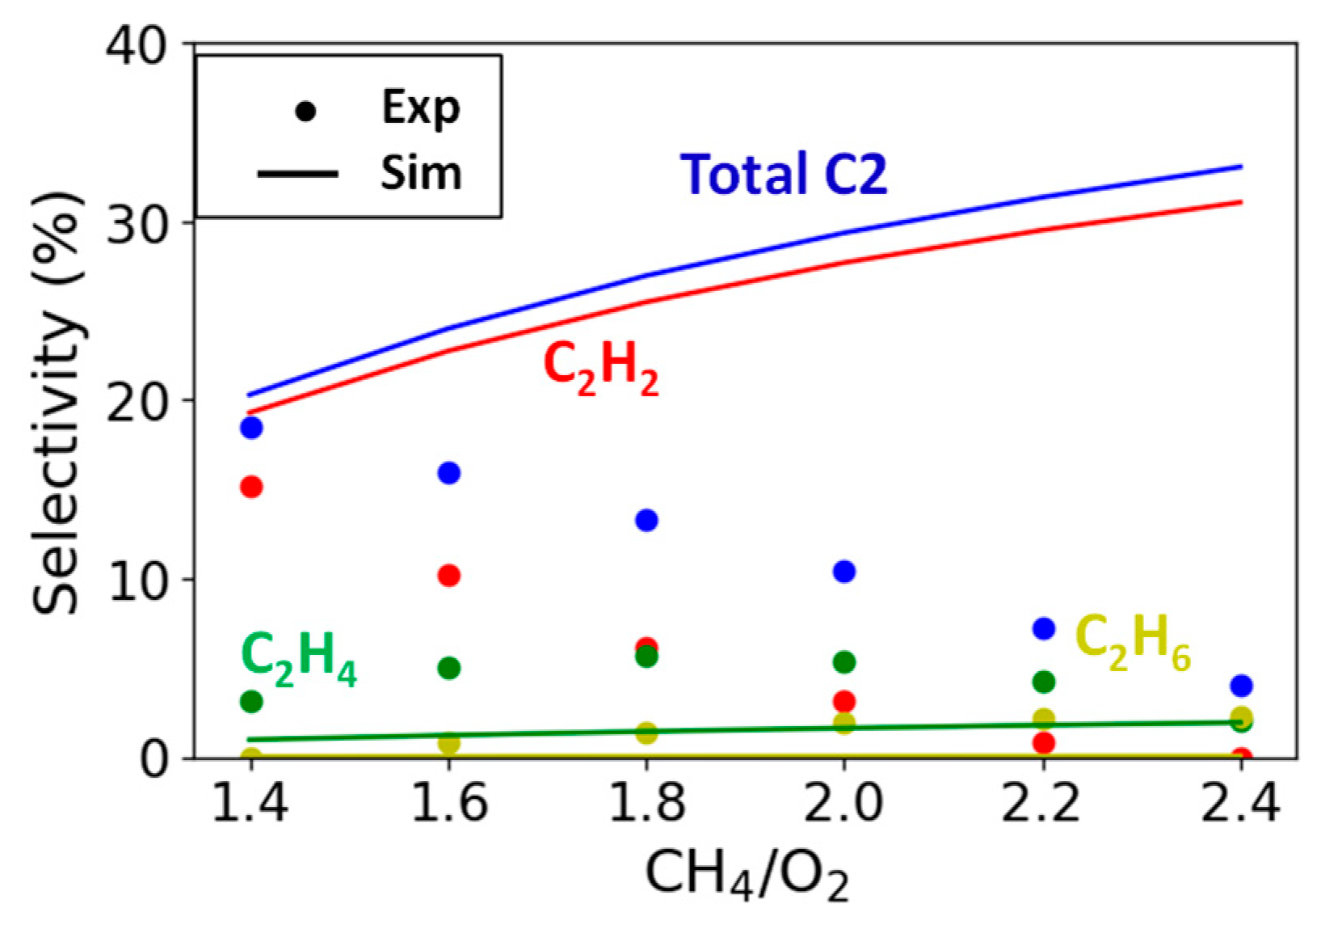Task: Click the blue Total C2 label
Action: pos(783,174)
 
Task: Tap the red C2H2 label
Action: pos(601,368)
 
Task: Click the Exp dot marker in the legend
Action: pos(305,111)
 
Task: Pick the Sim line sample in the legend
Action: pos(297,173)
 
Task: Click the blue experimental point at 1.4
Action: pos(251,427)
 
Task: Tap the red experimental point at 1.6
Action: pos(448,576)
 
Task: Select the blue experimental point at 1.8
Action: pos(646,520)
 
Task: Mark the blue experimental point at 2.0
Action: pos(844,572)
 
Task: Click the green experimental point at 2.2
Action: pos(1043,682)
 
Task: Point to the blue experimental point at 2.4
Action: pos(1241,686)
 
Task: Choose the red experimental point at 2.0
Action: pos(844,700)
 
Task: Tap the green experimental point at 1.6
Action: pos(448,668)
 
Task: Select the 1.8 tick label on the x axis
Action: pos(646,804)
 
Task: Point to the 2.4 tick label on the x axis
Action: pos(1240,804)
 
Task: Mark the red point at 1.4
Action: pos(251,487)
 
